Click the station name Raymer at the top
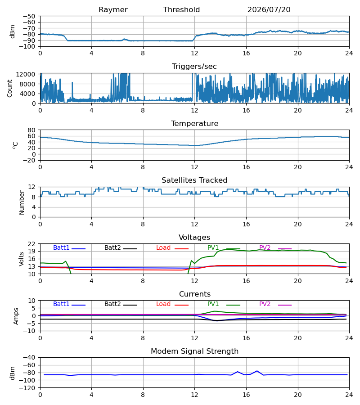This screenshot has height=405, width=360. click(x=113, y=10)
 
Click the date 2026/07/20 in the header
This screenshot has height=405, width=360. click(x=269, y=10)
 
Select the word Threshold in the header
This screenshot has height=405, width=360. click(x=181, y=10)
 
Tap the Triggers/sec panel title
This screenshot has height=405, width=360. click(x=194, y=67)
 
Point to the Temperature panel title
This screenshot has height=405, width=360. click(x=194, y=123)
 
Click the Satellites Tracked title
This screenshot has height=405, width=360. click(x=194, y=180)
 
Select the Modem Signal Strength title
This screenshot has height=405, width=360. click(x=194, y=351)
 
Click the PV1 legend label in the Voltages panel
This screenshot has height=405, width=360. click(x=213, y=247)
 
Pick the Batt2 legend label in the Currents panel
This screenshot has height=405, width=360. click(x=112, y=304)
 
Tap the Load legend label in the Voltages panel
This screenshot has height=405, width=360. click(x=163, y=247)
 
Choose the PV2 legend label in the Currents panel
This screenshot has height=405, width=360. click(x=265, y=304)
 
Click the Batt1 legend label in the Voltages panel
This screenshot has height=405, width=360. click(x=61, y=247)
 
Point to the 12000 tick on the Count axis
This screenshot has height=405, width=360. click(x=26, y=74)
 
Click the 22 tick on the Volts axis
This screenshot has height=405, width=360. click(x=31, y=244)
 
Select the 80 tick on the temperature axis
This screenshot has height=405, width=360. click(x=31, y=130)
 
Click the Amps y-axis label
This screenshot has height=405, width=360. click(x=16, y=316)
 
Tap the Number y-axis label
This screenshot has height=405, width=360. click(x=22, y=202)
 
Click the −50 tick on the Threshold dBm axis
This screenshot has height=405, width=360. click(x=29, y=16)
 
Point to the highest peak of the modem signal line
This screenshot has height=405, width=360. click(x=257, y=371)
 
